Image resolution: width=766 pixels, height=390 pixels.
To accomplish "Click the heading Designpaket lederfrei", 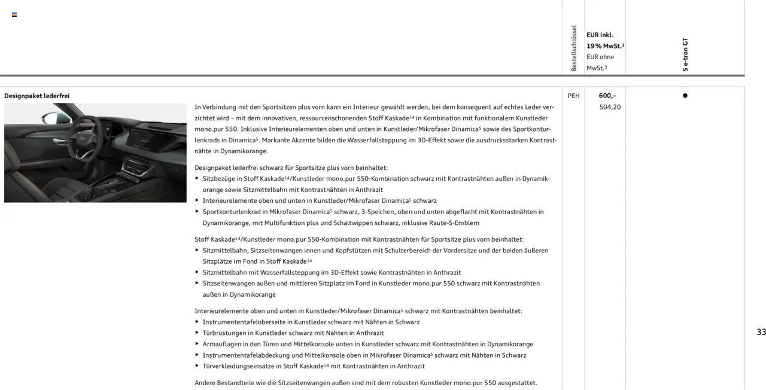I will click(37, 96).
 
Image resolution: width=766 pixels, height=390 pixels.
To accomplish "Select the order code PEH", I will click(573, 96).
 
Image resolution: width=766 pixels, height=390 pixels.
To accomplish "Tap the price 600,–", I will click(607, 96).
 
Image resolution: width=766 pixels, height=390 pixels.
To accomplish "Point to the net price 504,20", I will click(610, 107).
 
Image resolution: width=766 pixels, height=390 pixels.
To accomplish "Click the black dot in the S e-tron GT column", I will click(685, 96).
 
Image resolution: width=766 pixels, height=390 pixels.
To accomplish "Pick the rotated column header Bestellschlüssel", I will click(574, 48).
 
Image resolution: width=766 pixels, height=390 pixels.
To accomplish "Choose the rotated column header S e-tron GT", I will click(685, 54).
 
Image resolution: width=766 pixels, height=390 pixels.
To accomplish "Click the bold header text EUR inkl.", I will click(600, 35).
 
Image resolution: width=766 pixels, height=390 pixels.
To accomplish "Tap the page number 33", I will click(761, 332).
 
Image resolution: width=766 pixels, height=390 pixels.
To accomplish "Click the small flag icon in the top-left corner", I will click(14, 14).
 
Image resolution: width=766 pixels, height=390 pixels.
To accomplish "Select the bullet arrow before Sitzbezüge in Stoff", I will click(197, 178).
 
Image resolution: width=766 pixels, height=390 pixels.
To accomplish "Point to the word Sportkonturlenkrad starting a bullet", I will click(230, 212).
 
